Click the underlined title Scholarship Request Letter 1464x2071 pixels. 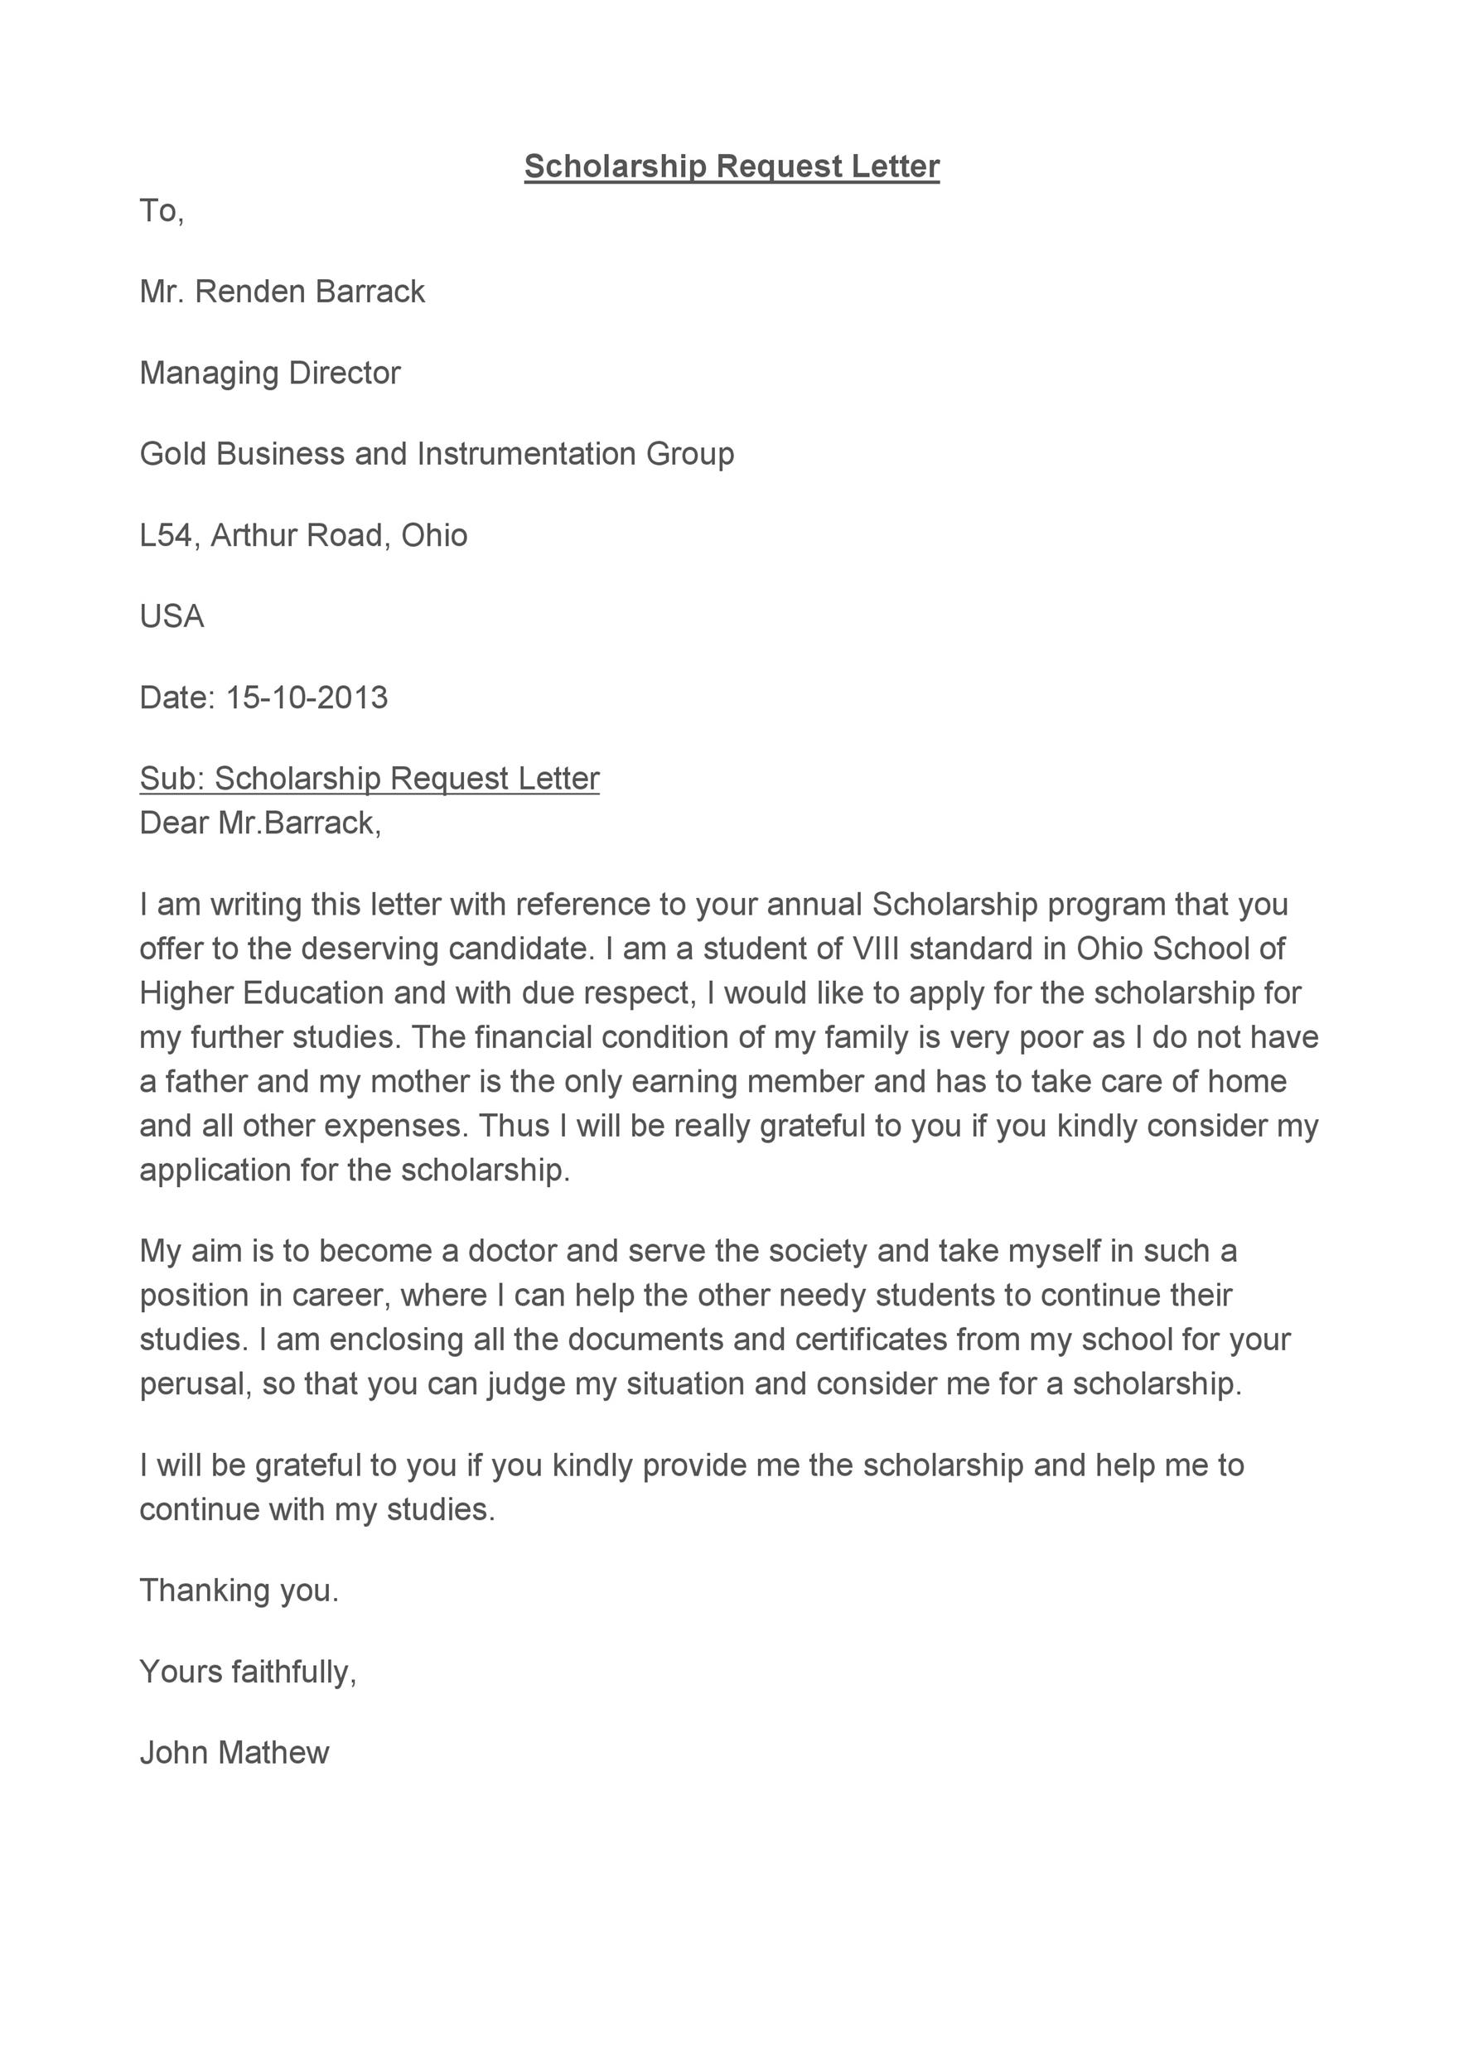tap(732, 166)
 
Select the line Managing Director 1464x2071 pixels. tap(270, 373)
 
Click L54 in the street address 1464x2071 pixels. tap(165, 535)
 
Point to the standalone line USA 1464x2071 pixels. tap(172, 616)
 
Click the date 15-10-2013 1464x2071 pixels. tap(306, 698)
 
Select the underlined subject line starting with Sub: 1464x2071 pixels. tap(369, 779)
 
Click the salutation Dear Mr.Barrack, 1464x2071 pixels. tap(260, 823)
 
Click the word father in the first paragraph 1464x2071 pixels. tap(205, 1082)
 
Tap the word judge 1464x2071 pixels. tap(526, 1384)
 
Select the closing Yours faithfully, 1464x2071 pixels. tap(248, 1672)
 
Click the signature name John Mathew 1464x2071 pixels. tap(234, 1753)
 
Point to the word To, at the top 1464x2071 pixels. tap(162, 211)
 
